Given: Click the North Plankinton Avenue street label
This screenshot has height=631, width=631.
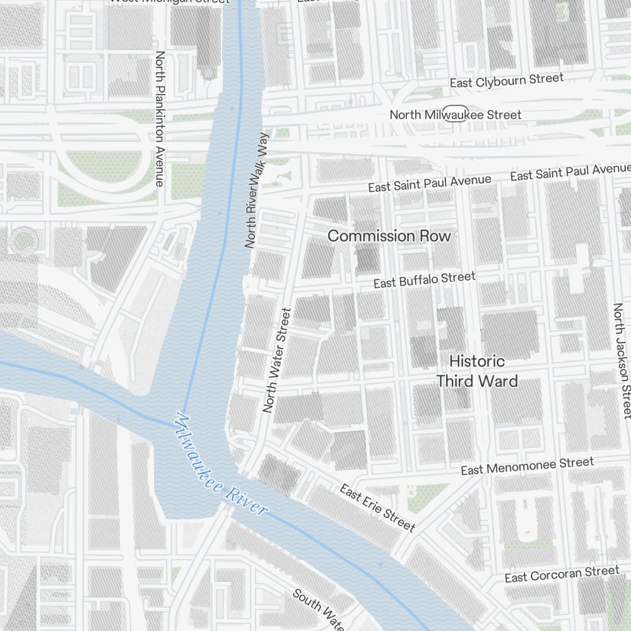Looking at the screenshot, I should tap(160, 119).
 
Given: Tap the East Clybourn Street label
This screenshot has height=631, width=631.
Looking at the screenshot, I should tap(506, 81).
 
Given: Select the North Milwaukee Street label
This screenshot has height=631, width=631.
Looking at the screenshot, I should tap(456, 115).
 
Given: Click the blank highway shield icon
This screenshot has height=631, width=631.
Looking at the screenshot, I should tap(456, 110).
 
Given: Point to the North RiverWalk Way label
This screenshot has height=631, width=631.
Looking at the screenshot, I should tap(256, 189).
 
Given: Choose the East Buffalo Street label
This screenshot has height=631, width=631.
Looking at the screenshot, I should tap(424, 280).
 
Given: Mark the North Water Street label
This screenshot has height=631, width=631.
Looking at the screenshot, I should tap(276, 360).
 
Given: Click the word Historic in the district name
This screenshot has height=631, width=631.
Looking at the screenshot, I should tap(477, 362).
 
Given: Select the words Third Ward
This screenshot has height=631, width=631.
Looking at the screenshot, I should tap(477, 381).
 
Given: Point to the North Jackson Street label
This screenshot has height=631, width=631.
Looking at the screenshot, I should tap(621, 360).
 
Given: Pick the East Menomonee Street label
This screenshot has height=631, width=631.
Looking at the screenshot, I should tap(527, 466).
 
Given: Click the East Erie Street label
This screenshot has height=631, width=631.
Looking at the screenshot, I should tap(377, 507).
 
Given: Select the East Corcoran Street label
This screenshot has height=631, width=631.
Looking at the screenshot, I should tap(562, 574).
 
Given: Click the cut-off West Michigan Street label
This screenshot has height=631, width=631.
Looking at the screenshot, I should tap(169, 2).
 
